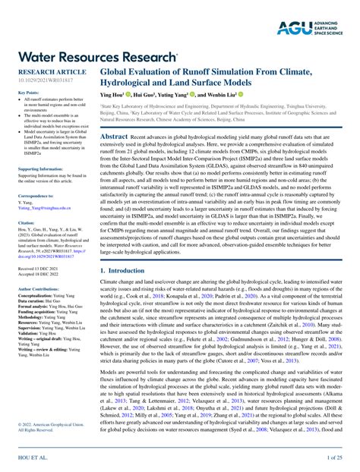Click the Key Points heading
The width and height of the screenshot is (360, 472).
tap(27, 92)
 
